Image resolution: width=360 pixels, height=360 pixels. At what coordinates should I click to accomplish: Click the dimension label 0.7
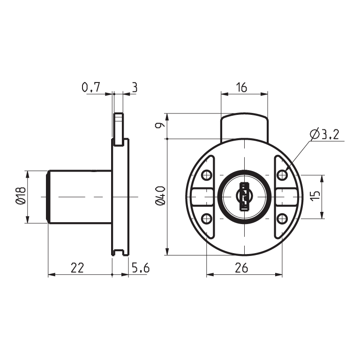(x=91, y=87)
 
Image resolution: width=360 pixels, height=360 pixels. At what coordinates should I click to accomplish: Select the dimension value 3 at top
(x=135, y=87)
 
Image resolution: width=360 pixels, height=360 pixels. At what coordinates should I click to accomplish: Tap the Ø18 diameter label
(x=20, y=196)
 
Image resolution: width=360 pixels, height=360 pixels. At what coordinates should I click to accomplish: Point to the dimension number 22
(x=77, y=268)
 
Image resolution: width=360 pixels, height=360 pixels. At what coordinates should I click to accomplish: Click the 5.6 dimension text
(x=140, y=268)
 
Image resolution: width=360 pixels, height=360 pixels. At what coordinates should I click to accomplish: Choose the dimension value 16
(x=242, y=87)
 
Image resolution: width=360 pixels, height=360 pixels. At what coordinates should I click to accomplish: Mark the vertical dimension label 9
(x=160, y=126)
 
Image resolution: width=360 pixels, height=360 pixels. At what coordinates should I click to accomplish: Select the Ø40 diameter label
(x=160, y=195)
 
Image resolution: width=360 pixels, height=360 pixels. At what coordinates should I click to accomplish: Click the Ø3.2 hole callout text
(x=324, y=135)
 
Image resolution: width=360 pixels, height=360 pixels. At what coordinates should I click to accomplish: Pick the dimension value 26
(x=242, y=268)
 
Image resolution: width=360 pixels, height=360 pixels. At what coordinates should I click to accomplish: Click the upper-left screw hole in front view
(x=206, y=176)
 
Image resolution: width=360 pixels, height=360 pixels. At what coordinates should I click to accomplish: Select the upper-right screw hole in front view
(x=282, y=176)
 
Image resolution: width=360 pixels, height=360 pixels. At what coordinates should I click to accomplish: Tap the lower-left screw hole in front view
(x=206, y=218)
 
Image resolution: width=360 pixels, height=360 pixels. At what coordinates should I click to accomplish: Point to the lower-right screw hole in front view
(x=282, y=218)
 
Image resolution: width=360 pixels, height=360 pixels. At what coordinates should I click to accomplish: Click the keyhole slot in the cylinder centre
(x=244, y=196)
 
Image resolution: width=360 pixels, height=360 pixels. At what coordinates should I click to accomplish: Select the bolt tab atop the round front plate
(x=244, y=127)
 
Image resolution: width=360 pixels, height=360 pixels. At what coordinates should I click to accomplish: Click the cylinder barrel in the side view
(x=80, y=196)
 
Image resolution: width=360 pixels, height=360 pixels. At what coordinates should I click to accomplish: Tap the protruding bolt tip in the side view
(x=118, y=127)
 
